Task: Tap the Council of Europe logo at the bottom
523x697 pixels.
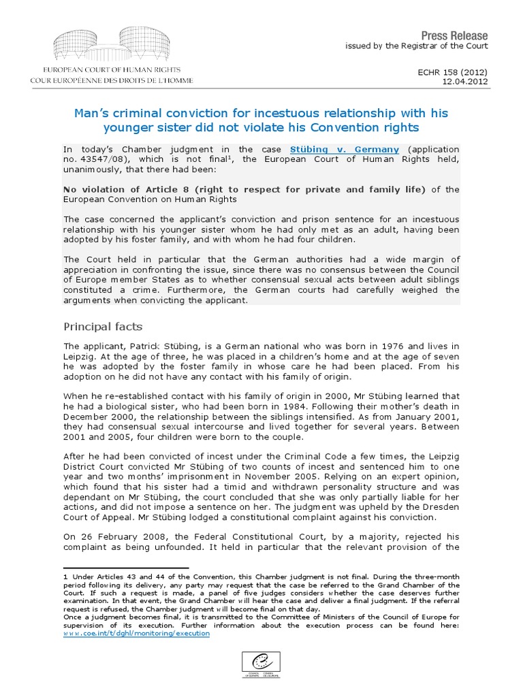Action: pos(261,664)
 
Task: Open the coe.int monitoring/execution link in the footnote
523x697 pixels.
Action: pos(136,633)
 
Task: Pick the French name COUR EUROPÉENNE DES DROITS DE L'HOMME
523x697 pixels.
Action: pos(112,80)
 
